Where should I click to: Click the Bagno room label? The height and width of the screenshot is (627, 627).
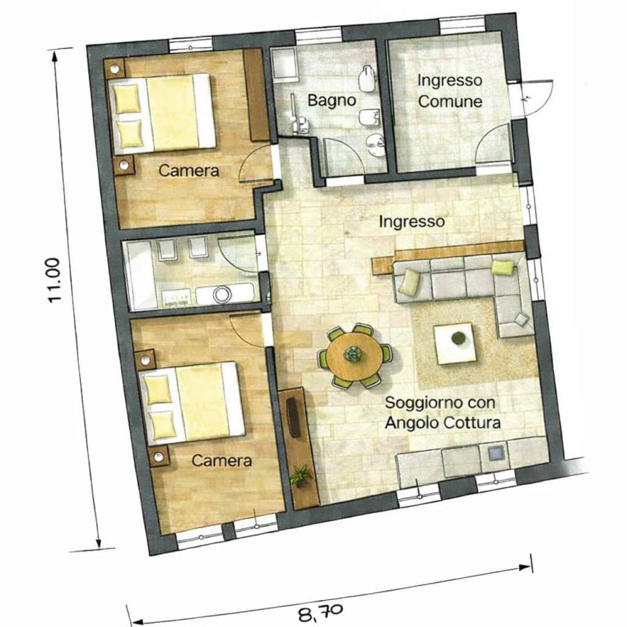[332, 100]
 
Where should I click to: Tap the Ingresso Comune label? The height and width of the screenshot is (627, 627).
[450, 91]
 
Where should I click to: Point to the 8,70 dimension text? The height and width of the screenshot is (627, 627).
[320, 611]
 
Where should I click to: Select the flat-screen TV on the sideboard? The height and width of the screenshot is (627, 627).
[293, 418]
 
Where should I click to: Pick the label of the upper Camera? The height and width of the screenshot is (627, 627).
[189, 171]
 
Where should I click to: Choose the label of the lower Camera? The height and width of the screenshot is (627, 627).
[221, 461]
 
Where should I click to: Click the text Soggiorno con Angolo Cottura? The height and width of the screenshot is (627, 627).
[442, 413]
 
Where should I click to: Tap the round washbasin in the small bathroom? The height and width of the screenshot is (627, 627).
[221, 294]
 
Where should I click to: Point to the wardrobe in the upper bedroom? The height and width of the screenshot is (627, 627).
[256, 95]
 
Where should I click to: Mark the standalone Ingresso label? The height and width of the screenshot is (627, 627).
[412, 222]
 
